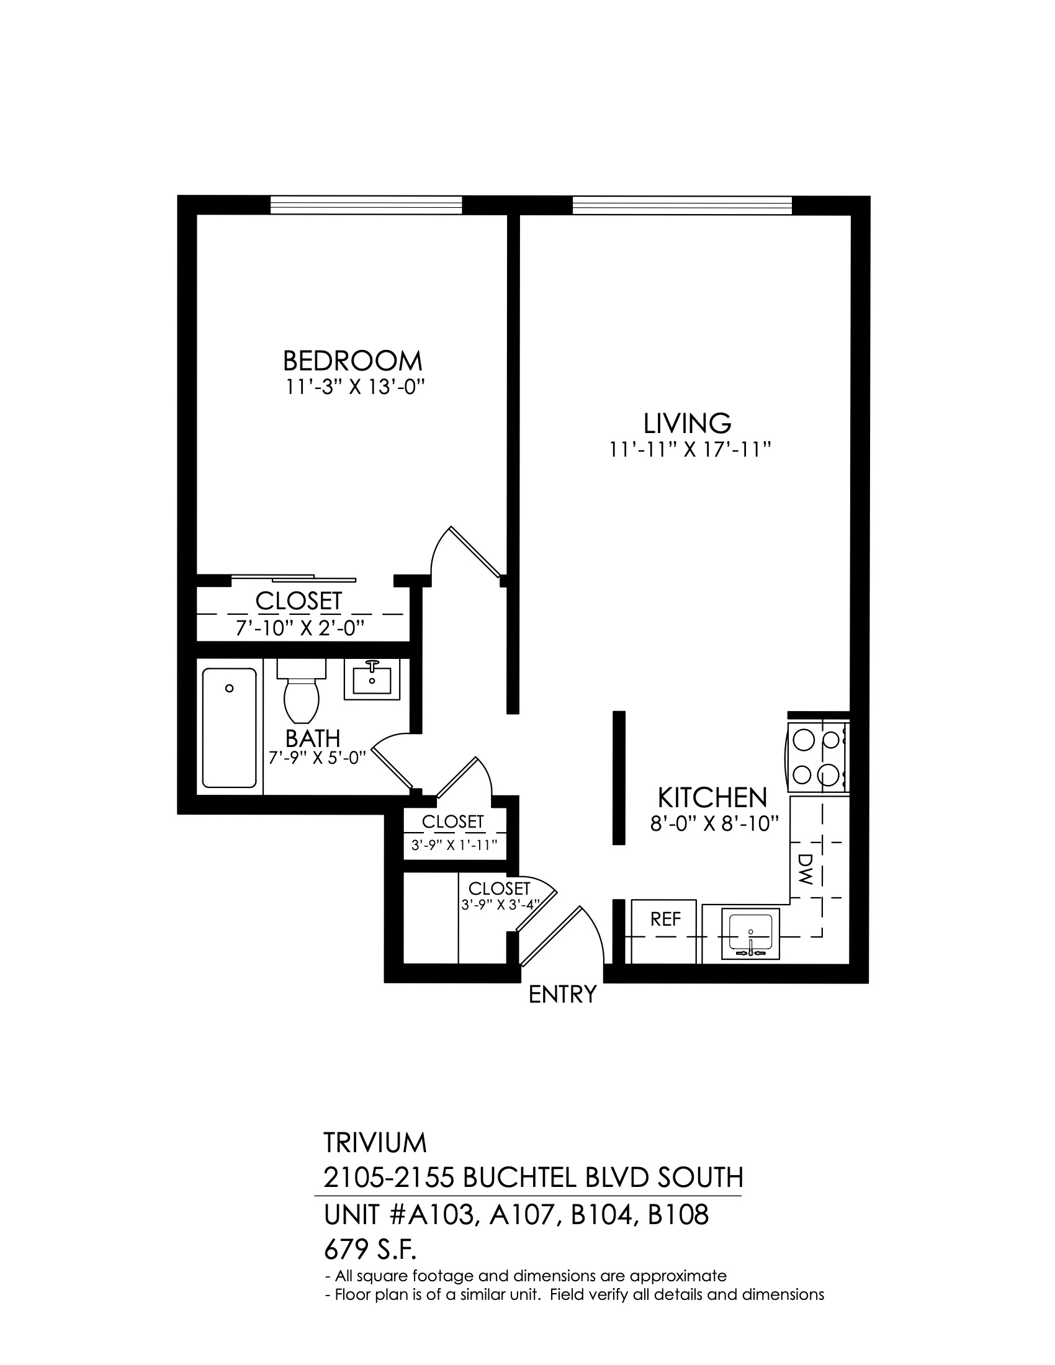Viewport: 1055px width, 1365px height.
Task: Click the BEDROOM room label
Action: [352, 361]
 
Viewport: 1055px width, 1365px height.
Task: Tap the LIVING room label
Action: [687, 424]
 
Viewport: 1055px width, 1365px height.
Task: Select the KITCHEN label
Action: [712, 798]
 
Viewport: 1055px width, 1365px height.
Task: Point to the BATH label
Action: [313, 738]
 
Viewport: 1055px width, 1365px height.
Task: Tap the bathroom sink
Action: [372, 679]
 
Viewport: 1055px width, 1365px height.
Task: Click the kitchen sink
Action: [751, 934]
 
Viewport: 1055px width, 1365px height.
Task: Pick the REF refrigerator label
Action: [665, 920]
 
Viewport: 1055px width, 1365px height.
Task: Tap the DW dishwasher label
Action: [805, 869]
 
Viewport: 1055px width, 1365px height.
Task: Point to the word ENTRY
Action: [562, 995]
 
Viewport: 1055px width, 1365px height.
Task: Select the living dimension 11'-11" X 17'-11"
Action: [689, 449]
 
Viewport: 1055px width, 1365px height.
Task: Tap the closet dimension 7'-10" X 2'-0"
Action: [299, 627]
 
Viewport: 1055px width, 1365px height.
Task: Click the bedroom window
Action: [366, 205]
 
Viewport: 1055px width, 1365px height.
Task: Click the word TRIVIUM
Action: [375, 1142]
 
